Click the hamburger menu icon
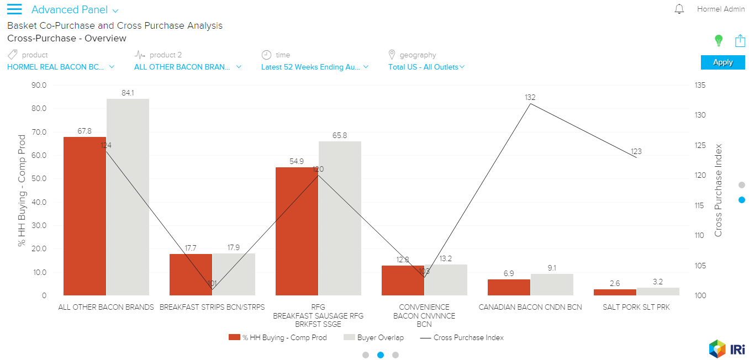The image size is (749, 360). (x=14, y=9)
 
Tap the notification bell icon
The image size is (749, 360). (x=679, y=9)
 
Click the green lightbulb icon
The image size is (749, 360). (x=718, y=40)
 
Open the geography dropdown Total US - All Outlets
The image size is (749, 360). (x=426, y=67)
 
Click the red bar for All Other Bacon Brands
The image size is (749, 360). (x=85, y=216)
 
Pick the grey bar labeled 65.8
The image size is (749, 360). (x=340, y=218)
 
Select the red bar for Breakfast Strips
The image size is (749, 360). (x=191, y=274)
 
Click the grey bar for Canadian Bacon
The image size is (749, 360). (x=552, y=284)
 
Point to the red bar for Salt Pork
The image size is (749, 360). (x=615, y=292)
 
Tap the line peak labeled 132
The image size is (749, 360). (x=530, y=104)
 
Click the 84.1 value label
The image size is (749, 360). (x=128, y=93)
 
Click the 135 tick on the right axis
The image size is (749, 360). (x=701, y=85)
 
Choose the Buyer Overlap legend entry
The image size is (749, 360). (x=373, y=337)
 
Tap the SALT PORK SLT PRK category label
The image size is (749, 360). (x=636, y=307)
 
